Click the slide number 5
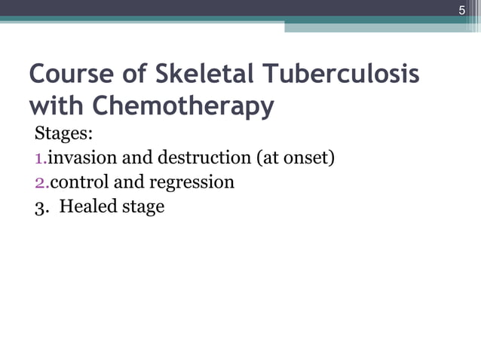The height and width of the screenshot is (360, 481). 462,10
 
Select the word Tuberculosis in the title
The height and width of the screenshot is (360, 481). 350,75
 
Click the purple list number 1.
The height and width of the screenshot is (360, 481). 39,159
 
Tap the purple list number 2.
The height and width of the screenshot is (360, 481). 40,182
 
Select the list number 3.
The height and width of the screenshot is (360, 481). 40,206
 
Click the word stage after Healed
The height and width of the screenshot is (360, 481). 142,207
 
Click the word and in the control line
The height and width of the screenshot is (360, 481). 129,182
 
